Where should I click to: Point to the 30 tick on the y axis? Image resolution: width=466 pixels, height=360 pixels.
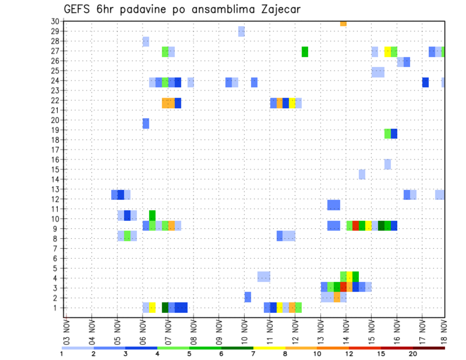pos(54,21)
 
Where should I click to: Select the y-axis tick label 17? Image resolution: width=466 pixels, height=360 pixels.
pos(54,149)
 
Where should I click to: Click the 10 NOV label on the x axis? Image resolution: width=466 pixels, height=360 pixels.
pos(244,330)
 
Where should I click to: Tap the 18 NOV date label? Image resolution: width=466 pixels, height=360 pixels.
pos(444,330)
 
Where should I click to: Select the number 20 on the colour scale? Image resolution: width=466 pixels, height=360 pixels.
pos(413,354)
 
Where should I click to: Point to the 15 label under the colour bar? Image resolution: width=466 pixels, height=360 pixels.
pos(381,354)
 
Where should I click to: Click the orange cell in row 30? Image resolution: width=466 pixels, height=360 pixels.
pos(343,23)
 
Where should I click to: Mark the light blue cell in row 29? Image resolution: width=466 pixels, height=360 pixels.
pos(241,32)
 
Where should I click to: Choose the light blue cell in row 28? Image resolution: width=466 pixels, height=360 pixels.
pos(146,42)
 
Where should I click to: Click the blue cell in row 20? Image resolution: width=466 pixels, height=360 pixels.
pos(146,123)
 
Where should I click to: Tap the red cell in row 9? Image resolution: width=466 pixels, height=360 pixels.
pos(356,226)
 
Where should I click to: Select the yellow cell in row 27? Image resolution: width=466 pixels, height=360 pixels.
pos(387,51)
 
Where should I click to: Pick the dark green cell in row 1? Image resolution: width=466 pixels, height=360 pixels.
pos(165,308)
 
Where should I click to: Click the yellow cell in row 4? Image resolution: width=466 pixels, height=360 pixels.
pos(349,276)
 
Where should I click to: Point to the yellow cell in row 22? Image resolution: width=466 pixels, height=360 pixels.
pos(292,103)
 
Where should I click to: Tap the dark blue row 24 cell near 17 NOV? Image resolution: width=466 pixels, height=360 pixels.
pos(425,82)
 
